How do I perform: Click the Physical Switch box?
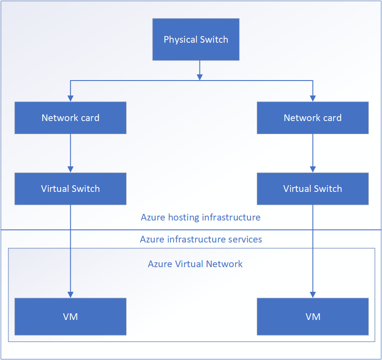tap(196, 40)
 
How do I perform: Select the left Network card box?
tap(70, 118)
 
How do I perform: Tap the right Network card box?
tap(313, 118)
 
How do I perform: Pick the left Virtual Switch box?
tap(70, 189)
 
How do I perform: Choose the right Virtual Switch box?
tap(313, 189)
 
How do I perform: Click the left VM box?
tap(70, 316)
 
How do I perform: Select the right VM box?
tap(313, 316)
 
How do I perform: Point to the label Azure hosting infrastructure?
tap(200, 217)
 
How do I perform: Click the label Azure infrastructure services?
tap(201, 239)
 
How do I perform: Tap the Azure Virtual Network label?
tap(195, 264)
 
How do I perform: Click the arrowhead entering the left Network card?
tap(70, 99)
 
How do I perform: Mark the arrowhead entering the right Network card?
tap(313, 99)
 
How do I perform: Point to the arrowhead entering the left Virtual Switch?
tap(70, 169)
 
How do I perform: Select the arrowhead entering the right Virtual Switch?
tap(313, 169)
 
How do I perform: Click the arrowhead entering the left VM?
tap(70, 295)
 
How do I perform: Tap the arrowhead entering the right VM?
tap(313, 295)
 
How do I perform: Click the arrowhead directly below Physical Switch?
tap(200, 77)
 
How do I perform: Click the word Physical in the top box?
tap(179, 40)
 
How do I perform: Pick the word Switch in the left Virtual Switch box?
tap(85, 189)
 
